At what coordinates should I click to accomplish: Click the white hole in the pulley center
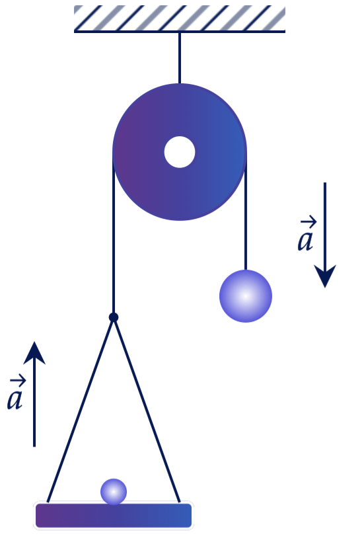click(180, 152)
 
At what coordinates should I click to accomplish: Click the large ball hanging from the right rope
click(246, 296)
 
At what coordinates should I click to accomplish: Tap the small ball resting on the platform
click(114, 491)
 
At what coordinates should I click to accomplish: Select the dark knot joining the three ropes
click(114, 317)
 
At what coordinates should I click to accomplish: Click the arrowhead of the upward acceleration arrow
click(34, 353)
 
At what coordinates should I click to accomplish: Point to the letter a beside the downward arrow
click(305, 241)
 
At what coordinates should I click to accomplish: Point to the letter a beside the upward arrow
click(15, 399)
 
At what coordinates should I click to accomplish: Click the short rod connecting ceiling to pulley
click(180, 58)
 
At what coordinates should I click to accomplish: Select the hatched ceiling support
click(180, 19)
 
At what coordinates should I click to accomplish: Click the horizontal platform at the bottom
click(114, 516)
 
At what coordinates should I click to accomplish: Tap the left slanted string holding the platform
click(80, 410)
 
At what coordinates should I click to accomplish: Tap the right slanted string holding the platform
click(147, 410)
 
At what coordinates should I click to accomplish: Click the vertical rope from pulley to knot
click(114, 234)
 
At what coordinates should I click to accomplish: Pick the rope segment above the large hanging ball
click(246, 212)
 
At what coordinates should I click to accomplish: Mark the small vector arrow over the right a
click(308, 222)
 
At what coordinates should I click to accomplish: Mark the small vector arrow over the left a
click(18, 380)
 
